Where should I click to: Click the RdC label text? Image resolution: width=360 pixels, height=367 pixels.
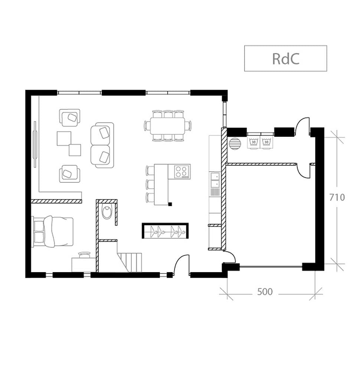pyautogui.click(x=285, y=59)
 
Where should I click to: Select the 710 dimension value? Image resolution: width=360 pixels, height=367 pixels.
pyautogui.click(x=337, y=197)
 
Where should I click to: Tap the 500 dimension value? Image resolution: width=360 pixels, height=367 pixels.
pyautogui.click(x=265, y=292)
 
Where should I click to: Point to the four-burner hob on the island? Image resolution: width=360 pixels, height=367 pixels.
pyautogui.click(x=181, y=172)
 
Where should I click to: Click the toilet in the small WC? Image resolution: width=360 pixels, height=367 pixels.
pyautogui.click(x=107, y=212)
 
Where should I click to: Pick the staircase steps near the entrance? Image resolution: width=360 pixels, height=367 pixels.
pyautogui.click(x=130, y=261)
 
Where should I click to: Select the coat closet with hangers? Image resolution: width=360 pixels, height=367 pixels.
pyautogui.click(x=165, y=231)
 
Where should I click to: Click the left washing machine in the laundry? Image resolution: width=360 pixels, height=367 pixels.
pyautogui.click(x=253, y=142)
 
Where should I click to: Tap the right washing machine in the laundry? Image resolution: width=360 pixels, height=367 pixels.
pyautogui.click(x=266, y=142)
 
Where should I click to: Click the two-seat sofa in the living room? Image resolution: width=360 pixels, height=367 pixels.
pyautogui.click(x=102, y=145)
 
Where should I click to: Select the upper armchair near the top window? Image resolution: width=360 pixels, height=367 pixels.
pyautogui.click(x=70, y=118)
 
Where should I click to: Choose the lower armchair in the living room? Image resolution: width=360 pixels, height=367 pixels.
pyautogui.click(x=69, y=173)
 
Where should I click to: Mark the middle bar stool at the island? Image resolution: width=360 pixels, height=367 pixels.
pyautogui.click(x=150, y=184)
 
